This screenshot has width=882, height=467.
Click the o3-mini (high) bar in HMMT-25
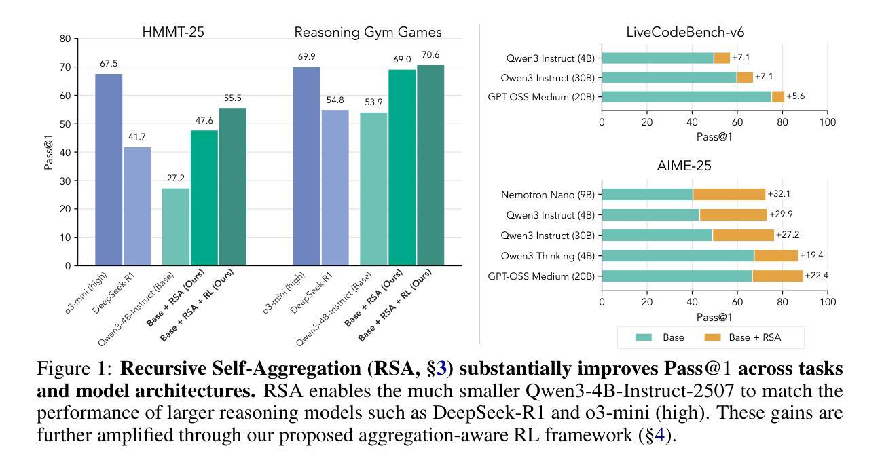[109, 170]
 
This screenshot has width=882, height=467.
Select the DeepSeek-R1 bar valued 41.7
[137, 206]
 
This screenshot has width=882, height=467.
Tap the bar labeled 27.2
[176, 227]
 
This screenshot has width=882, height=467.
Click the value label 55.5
[233, 98]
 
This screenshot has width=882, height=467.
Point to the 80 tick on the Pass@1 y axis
[65, 39]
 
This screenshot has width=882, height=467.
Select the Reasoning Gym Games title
[367, 32]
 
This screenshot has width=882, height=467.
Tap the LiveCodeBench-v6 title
[714, 32]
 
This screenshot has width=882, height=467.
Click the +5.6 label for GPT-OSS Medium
[796, 97]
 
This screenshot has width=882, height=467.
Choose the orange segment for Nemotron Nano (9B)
[729, 194]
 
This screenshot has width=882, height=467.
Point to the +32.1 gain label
[779, 194]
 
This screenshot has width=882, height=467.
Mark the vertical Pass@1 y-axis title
[49, 152]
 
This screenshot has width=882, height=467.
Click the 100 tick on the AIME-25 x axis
[827, 301]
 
